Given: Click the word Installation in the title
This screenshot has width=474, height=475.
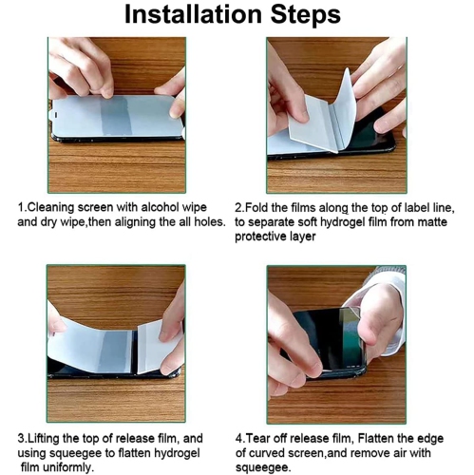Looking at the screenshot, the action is coord(193,14).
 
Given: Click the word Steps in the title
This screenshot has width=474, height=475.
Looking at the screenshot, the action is coord(306,15).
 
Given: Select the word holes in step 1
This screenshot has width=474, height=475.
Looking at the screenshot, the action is coord(209,222).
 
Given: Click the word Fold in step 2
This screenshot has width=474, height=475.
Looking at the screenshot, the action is coord(256,208).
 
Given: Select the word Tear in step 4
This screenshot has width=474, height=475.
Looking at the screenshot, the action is coord(256,439).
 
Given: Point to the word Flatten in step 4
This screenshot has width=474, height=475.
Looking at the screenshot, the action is coord(376,439).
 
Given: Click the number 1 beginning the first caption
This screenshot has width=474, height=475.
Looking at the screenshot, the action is coord(21,208).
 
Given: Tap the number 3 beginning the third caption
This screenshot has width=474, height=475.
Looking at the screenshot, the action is coord(21,439).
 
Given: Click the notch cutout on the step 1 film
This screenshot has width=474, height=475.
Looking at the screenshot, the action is coord(54,114).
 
